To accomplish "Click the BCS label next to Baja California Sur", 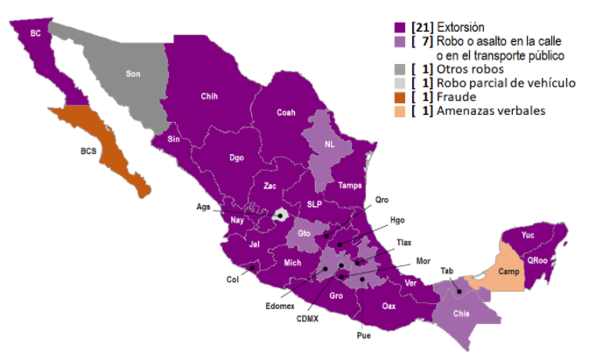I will pos(88,151).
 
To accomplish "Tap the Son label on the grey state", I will pos(133,74).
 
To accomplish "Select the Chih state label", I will pos(209,95).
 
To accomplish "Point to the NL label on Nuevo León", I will pos(330,145).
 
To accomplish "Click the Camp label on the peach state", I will pos(508,271).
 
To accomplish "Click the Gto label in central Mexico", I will pos(305,234).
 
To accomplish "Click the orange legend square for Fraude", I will pos(399,96).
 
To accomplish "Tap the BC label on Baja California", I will pos(36,33).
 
